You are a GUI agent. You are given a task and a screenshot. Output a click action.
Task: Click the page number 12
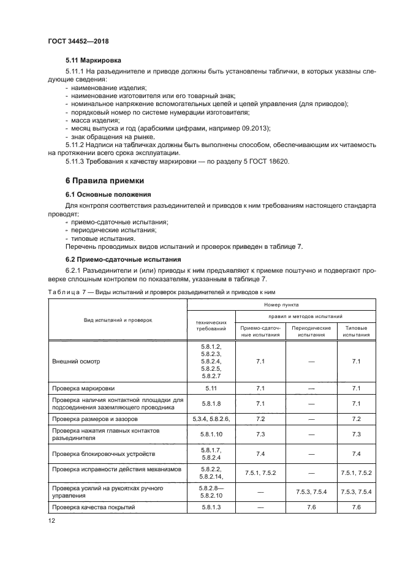pyautogui.click(x=52, y=520)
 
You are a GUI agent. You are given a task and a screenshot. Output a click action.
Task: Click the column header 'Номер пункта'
pyautogui.click(x=281, y=303)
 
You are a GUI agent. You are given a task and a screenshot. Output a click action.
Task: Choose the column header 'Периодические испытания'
pyautogui.click(x=311, y=332)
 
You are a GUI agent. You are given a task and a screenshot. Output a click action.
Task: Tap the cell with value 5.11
pyautogui.click(x=210, y=389)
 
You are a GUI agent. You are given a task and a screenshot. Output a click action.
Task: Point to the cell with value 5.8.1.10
pyautogui.click(x=210, y=434)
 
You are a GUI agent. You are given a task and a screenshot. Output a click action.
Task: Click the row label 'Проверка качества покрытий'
pyautogui.click(x=93, y=507)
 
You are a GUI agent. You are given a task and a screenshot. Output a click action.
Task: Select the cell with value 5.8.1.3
pyautogui.click(x=210, y=507)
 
